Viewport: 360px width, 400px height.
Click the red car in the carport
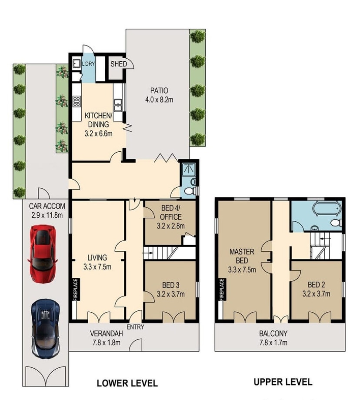tap(42, 253)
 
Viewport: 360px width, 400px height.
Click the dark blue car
tap(46, 329)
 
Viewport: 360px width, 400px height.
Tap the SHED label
tap(119, 64)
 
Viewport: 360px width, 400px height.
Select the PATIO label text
tap(159, 90)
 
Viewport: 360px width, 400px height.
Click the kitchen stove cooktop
tap(77, 101)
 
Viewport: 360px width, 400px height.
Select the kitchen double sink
tap(118, 105)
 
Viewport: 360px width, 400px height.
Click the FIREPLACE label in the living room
tap(76, 289)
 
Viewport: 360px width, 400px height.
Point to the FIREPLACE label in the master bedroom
tap(221, 289)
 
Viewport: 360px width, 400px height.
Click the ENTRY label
tap(135, 327)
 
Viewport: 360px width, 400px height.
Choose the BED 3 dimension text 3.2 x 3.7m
tap(171, 294)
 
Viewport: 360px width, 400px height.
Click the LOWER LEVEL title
tap(127, 383)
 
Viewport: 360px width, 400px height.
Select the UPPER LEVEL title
tap(283, 382)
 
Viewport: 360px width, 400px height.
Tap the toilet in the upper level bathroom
tap(336, 223)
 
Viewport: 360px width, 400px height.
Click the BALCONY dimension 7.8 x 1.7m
tap(273, 342)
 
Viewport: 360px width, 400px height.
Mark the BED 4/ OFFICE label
tap(171, 212)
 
